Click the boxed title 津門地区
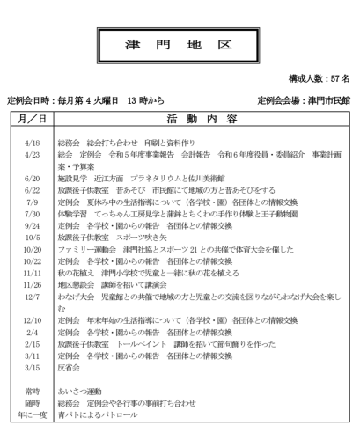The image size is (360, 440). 180,43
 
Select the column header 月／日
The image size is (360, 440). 33,118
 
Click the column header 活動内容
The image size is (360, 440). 202,118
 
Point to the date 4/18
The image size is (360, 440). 33,143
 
